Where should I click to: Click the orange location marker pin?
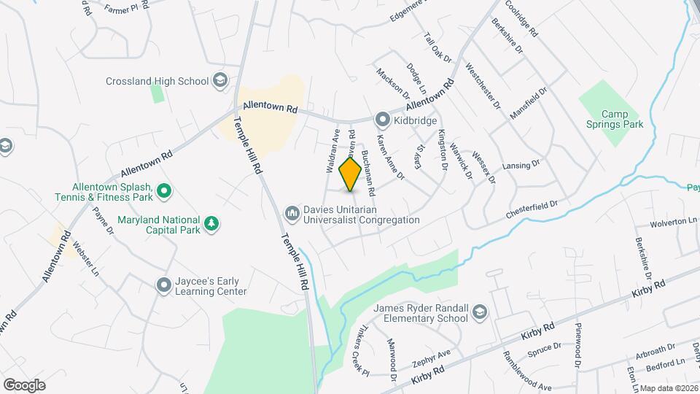click(351, 174)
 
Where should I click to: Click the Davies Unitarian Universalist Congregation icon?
click(292, 212)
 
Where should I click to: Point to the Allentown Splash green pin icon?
click(164, 191)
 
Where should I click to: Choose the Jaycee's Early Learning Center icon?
click(163, 285)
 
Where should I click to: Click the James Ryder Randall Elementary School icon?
click(480, 313)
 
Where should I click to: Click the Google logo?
click(24, 385)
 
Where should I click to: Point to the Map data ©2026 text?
click(669, 388)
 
